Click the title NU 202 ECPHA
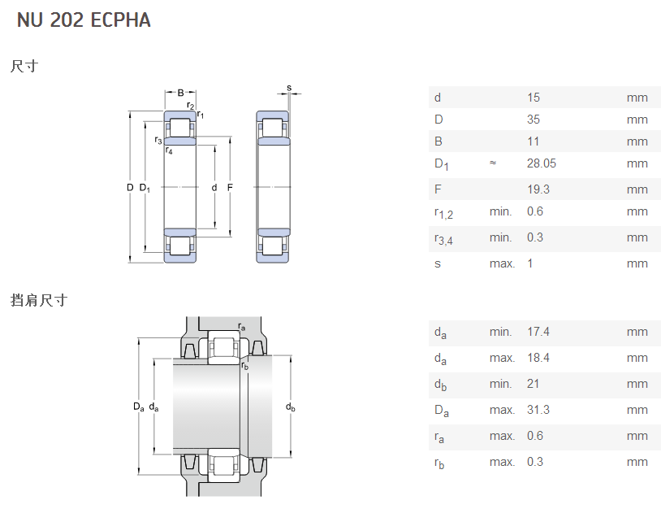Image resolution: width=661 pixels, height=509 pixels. click(x=84, y=20)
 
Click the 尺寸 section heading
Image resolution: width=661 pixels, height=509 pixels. click(x=24, y=67)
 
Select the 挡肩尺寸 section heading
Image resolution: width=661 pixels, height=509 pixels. click(x=38, y=300)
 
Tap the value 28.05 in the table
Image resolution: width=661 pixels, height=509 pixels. click(x=542, y=163)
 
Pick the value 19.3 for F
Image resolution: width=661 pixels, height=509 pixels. click(x=538, y=189)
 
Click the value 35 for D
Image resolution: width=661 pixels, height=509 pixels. click(x=534, y=120)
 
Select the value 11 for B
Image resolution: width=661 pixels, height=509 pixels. click(x=533, y=141)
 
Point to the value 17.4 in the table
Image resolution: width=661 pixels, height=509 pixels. click(x=538, y=332)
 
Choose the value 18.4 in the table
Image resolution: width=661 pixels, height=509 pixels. click(x=538, y=358)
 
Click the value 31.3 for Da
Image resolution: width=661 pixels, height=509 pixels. click(x=538, y=410)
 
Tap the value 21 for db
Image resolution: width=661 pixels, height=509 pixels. click(x=533, y=384)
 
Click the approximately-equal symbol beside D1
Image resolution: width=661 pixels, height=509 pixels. click(x=493, y=163)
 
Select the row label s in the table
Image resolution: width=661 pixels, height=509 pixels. click(x=438, y=263)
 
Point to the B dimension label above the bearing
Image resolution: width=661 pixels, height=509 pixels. click(x=180, y=92)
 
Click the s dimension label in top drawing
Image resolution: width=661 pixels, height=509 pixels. click(x=288, y=88)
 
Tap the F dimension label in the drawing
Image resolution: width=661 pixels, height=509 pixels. click(x=230, y=188)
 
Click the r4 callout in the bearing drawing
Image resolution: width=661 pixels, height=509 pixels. click(x=169, y=150)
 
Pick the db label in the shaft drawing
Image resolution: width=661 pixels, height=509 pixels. click(x=290, y=407)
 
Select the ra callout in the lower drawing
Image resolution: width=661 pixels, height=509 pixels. click(x=241, y=327)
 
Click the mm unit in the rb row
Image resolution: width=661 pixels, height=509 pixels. click(x=637, y=462)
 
